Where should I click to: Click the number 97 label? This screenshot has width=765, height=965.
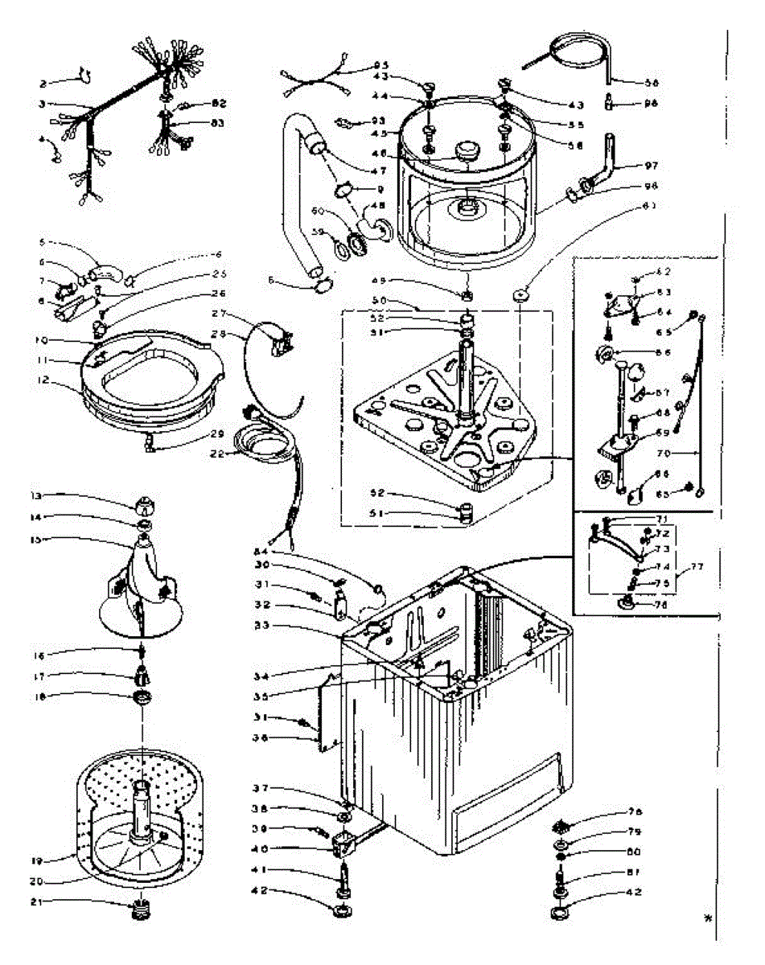tap(651, 166)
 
